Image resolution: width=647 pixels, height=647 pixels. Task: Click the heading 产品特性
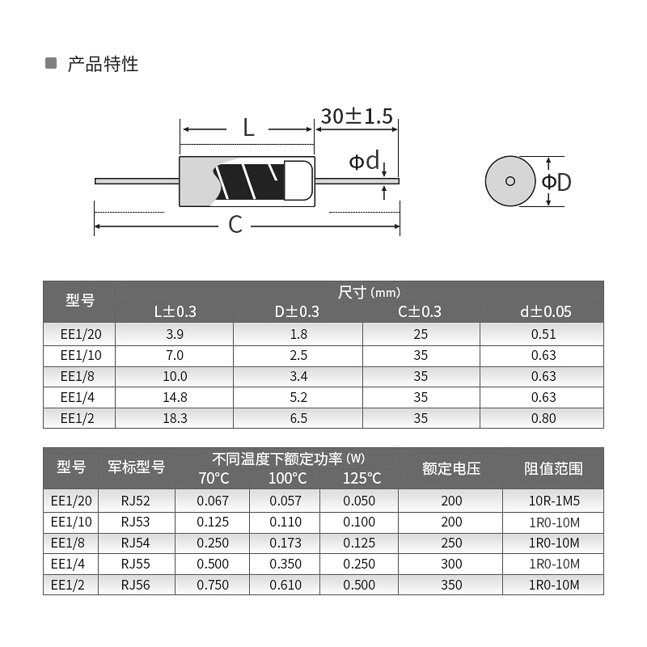[x=103, y=64]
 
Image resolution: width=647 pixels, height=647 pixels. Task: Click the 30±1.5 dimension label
[x=356, y=116]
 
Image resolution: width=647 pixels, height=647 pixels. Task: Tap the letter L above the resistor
[x=248, y=127]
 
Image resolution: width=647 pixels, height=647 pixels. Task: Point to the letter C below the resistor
[x=235, y=224]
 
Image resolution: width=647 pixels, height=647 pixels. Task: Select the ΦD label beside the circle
[x=556, y=182]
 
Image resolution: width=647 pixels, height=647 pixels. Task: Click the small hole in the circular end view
[x=510, y=181]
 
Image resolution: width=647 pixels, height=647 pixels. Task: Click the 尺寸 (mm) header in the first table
[x=369, y=292]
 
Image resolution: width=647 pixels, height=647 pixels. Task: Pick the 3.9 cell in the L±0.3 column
[x=175, y=333]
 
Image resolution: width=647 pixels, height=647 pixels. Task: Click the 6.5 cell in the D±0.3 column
[x=297, y=417]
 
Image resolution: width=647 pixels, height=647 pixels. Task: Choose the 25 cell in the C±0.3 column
[x=421, y=333]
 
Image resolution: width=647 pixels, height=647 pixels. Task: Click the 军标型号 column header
[x=136, y=467]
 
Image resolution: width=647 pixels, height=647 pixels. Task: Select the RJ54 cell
[x=136, y=543]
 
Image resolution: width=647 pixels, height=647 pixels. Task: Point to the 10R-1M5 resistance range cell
[x=553, y=501]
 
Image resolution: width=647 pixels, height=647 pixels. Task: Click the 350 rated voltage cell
[x=451, y=585]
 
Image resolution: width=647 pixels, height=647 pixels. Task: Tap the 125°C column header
[x=361, y=478]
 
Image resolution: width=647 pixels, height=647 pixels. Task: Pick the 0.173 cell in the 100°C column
[x=285, y=543]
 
